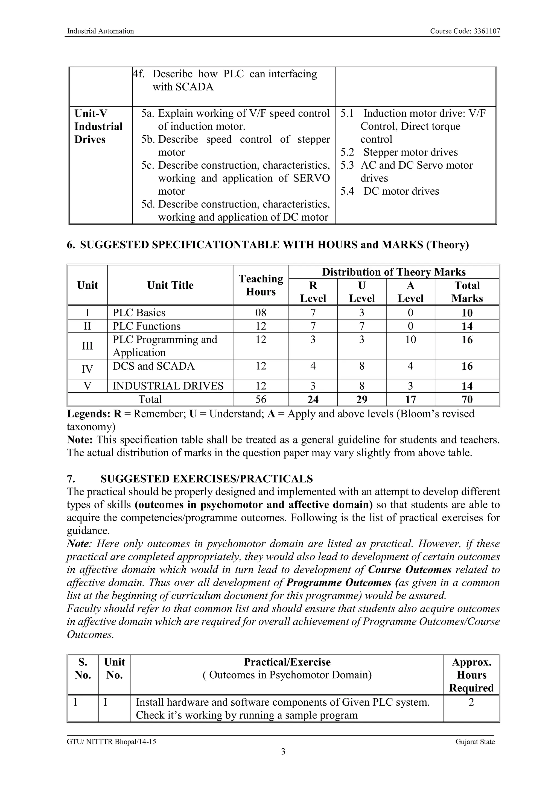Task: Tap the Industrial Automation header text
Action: coord(100,31)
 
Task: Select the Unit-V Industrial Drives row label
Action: coord(98,126)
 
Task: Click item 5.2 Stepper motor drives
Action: coord(399,152)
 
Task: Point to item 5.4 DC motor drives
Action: coord(390,191)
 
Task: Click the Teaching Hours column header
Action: coord(261,285)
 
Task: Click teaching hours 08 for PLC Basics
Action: coord(261,312)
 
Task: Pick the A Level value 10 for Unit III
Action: coord(410,340)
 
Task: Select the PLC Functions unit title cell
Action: coord(147,326)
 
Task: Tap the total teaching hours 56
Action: coord(261,399)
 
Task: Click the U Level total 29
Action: coord(361,399)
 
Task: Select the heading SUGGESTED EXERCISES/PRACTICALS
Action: coord(206,479)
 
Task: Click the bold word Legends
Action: coord(88,414)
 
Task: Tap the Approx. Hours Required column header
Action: coord(471,675)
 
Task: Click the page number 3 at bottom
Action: coord(283,751)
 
